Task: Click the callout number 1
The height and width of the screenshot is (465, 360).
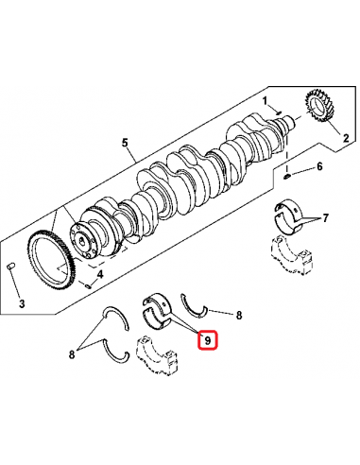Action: tap(266, 100)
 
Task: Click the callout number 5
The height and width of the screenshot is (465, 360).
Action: tap(124, 143)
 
